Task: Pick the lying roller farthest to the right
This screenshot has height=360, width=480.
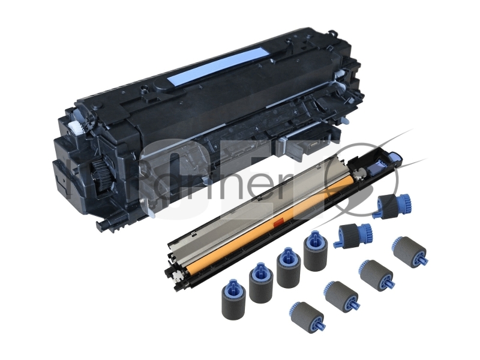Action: pyautogui.click(x=410, y=251)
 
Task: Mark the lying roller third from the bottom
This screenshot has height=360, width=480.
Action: pyautogui.click(x=377, y=274)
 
